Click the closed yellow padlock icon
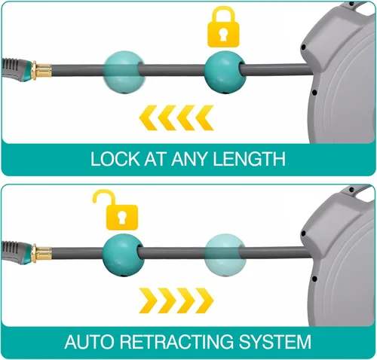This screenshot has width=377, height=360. (x=223, y=28)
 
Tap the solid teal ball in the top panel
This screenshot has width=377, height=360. (x=225, y=72)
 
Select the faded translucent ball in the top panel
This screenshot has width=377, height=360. (x=124, y=72)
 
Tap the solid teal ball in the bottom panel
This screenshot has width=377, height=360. (x=123, y=255)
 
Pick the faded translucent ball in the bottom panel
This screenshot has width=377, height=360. (x=225, y=255)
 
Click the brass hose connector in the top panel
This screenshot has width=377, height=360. (x=41, y=70)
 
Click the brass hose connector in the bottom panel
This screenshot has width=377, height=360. (x=41, y=253)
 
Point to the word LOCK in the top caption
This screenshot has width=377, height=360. (x=115, y=159)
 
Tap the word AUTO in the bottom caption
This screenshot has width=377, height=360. (x=89, y=342)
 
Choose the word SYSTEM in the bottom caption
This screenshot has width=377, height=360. (x=274, y=342)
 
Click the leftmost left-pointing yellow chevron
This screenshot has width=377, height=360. (x=149, y=117)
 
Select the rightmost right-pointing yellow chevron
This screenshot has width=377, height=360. (x=204, y=301)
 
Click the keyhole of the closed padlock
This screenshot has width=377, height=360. (x=223, y=35)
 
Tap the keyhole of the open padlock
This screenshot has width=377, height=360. (x=122, y=218)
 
